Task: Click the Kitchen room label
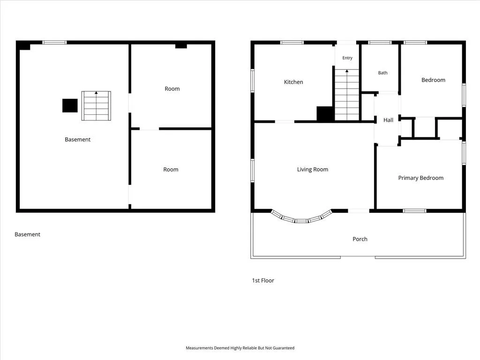click(x=293, y=82)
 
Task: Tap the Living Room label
click(x=313, y=170)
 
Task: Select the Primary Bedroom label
click(x=420, y=178)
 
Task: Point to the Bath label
click(x=382, y=73)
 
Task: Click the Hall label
click(x=388, y=120)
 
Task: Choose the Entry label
click(x=347, y=58)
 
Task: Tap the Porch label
click(x=360, y=239)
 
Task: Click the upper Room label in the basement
click(x=172, y=89)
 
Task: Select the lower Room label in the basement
click(x=171, y=170)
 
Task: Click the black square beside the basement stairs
click(x=70, y=105)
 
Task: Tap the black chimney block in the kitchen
click(x=325, y=114)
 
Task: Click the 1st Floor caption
click(x=263, y=280)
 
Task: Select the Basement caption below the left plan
click(x=27, y=234)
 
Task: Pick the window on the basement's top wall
click(x=54, y=43)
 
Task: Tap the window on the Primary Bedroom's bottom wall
click(x=414, y=210)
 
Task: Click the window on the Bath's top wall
click(x=380, y=43)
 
